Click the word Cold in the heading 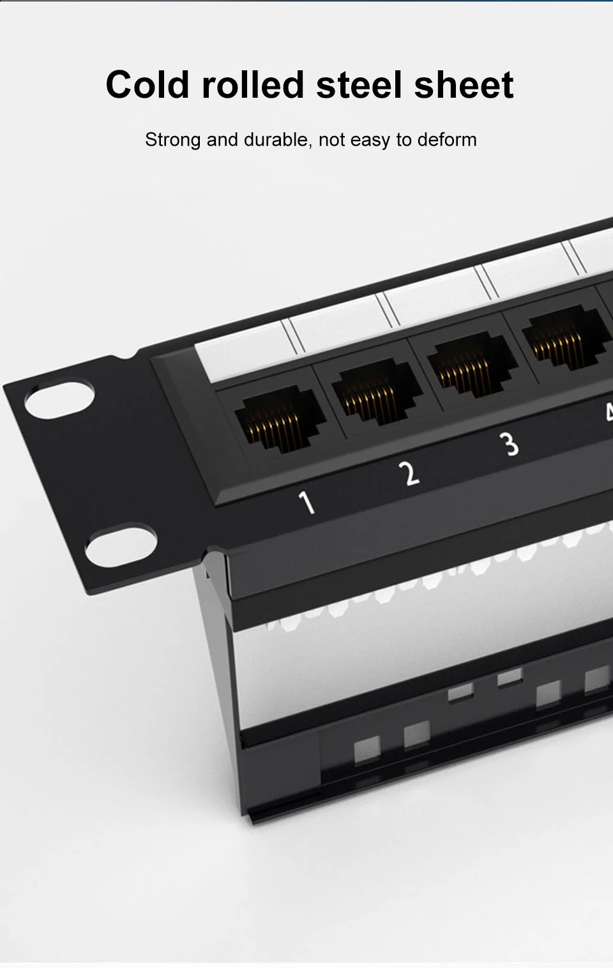(x=148, y=84)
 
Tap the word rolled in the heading (x=253, y=84)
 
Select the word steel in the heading (x=359, y=84)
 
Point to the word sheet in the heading (x=464, y=84)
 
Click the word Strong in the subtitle (x=173, y=141)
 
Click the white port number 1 (x=306, y=503)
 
